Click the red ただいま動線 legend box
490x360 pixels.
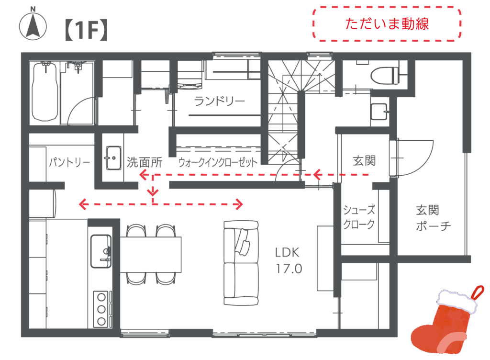click(387, 23)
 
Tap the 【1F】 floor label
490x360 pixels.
click(85, 30)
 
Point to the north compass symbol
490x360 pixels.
click(33, 24)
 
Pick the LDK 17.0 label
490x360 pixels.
click(290, 261)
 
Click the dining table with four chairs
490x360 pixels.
click(151, 254)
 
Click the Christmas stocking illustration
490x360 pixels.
click(447, 326)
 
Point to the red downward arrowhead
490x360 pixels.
click(153, 193)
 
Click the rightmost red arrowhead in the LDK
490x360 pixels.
click(238, 205)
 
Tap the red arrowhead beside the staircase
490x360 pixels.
click(317, 175)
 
